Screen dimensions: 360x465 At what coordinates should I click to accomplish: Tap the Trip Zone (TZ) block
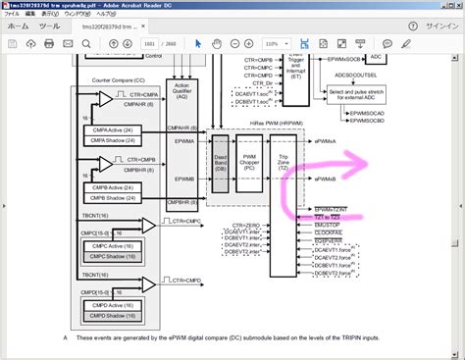point(284,164)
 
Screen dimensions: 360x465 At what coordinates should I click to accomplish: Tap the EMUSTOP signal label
point(330,225)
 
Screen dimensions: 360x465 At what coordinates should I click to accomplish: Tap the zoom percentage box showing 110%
point(279,44)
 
